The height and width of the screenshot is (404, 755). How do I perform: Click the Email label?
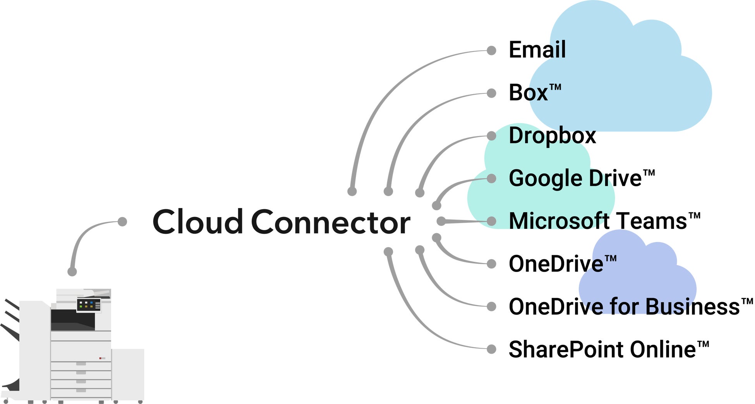click(x=537, y=50)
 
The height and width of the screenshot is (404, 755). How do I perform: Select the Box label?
click(x=528, y=93)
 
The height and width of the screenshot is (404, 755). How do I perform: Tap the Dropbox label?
click(x=552, y=136)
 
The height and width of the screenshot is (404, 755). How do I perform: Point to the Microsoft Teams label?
click(x=598, y=221)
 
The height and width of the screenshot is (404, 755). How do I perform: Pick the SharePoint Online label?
click(x=602, y=349)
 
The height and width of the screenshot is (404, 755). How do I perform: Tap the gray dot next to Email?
click(x=491, y=50)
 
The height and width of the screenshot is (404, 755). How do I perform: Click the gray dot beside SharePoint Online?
click(x=491, y=349)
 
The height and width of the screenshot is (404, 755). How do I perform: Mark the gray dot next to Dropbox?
click(x=491, y=136)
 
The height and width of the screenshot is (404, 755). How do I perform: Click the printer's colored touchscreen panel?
click(x=88, y=305)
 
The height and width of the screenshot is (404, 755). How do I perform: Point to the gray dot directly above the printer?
click(x=72, y=272)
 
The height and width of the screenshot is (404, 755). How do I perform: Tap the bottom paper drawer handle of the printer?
click(x=81, y=390)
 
